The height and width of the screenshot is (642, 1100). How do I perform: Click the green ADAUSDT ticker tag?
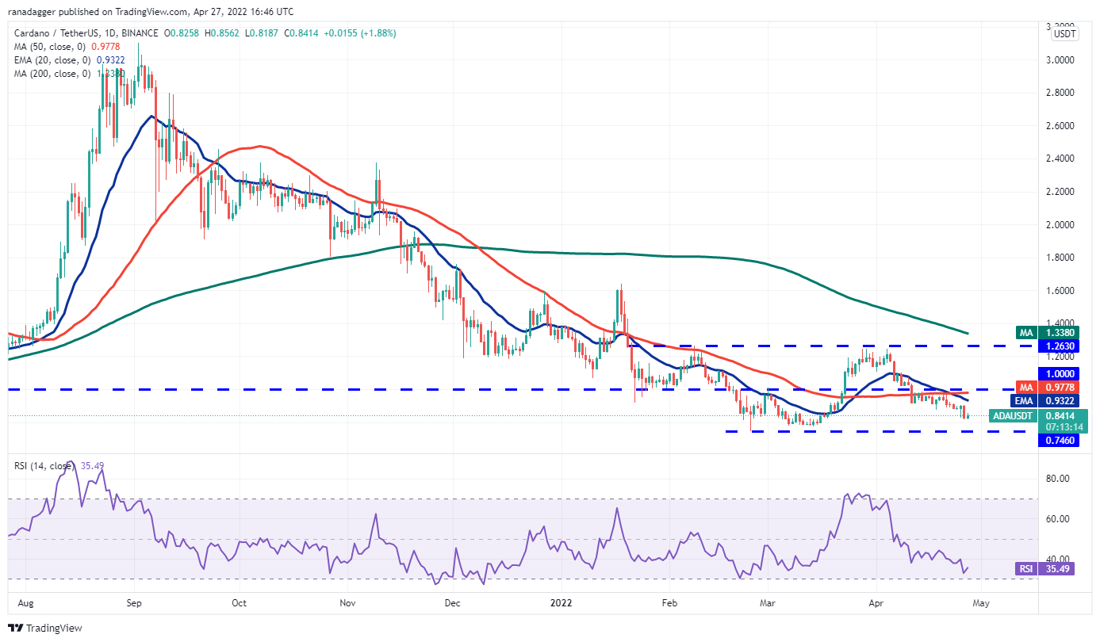point(1012,415)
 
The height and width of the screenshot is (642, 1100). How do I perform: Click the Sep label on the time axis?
point(133,602)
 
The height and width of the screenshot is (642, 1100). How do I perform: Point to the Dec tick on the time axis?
point(453,602)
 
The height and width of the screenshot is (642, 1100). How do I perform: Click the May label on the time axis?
point(981,602)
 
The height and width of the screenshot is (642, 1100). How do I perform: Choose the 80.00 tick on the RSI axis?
point(1060,479)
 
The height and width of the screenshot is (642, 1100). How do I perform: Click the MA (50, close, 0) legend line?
point(67,46)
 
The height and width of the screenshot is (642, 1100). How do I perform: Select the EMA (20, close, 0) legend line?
point(68,59)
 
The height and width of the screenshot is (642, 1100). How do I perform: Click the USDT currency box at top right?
point(1064,33)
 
